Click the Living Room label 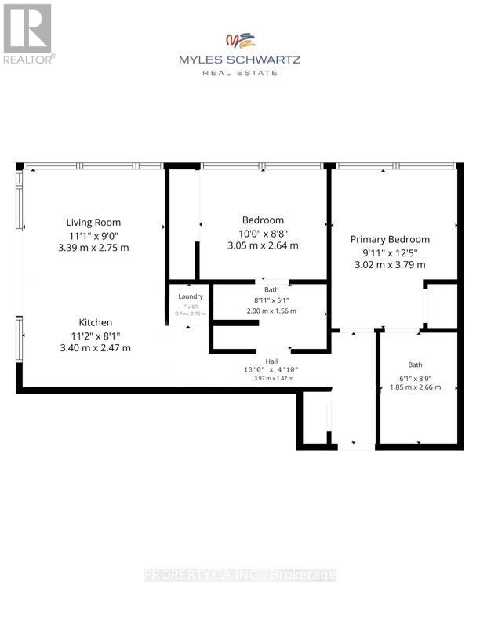click(x=93, y=222)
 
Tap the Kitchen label click(x=94, y=322)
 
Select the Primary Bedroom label click(x=390, y=239)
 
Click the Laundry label click(x=191, y=296)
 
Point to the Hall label click(x=271, y=361)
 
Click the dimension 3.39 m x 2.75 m click(x=93, y=248)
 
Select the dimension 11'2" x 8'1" click(x=94, y=336)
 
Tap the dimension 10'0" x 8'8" click(x=263, y=233)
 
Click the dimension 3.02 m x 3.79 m click(x=390, y=264)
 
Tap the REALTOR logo click(x=27, y=34)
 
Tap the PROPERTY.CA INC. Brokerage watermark click(x=240, y=575)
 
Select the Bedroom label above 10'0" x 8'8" click(x=263, y=220)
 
